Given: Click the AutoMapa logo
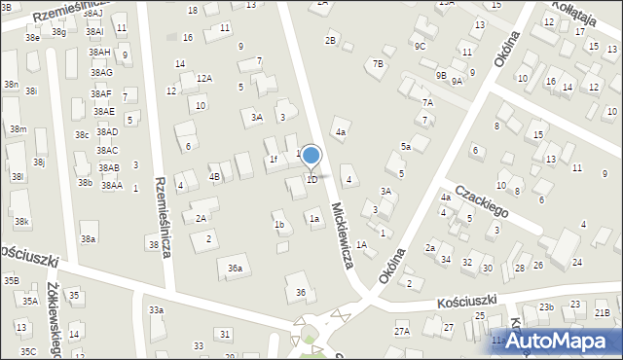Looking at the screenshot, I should coord(562,341).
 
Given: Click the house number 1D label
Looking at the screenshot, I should coord(311,180).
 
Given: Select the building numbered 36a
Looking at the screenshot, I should coord(235,268).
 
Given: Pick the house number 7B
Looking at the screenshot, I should coord(378,64).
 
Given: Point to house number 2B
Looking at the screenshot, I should coord(331,40).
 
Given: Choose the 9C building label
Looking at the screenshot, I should coord(419,46).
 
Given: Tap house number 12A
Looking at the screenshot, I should coord(203,78).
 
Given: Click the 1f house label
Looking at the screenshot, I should coord(274,159).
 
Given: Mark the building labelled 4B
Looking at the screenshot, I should coord(214,177).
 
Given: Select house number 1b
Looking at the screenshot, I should coord(279,225).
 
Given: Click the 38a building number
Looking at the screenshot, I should coord(89,238).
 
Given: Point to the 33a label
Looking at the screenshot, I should coord(156,310).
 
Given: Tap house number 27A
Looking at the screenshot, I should coord(402,332).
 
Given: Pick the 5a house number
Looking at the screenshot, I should coord(406,147).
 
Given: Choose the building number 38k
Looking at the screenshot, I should coord(21,222).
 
